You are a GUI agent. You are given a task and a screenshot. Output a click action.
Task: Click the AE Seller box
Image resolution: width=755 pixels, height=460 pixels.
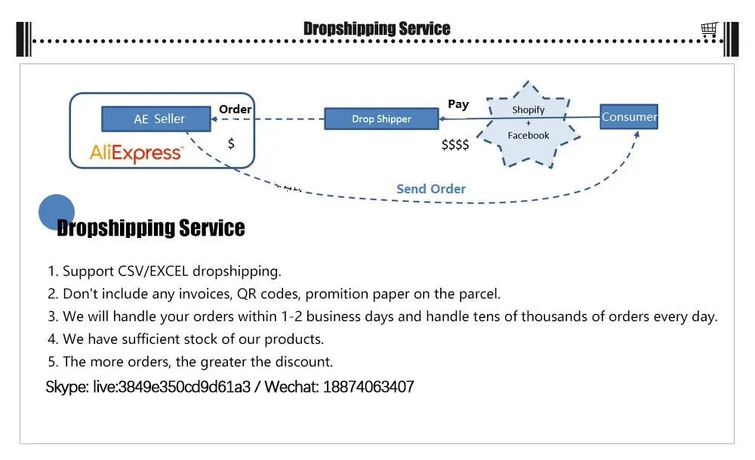tap(156, 119)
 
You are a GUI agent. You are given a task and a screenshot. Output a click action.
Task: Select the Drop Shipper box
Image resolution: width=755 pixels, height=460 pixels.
tap(381, 119)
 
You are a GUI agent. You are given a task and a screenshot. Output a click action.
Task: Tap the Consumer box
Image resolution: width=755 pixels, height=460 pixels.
tap(629, 116)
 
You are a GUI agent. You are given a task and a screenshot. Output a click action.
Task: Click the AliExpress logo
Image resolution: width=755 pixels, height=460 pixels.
tap(137, 153)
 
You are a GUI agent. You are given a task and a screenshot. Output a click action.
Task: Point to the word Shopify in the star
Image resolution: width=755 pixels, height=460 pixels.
tap(528, 110)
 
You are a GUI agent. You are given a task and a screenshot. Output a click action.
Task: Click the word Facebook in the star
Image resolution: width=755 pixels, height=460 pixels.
tap(528, 135)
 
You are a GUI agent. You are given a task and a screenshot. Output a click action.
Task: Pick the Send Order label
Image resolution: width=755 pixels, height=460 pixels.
tap(431, 189)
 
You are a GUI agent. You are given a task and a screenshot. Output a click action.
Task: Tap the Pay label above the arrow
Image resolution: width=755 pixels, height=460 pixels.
tap(458, 104)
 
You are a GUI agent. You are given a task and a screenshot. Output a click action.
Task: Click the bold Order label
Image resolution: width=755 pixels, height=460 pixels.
tap(235, 110)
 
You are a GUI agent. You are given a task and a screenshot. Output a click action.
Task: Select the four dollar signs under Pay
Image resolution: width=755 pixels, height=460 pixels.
tap(455, 144)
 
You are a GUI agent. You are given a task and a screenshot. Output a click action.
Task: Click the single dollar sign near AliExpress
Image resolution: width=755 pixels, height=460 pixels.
tap(231, 143)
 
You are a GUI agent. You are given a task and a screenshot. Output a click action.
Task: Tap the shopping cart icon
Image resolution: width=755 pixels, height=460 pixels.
tap(709, 29)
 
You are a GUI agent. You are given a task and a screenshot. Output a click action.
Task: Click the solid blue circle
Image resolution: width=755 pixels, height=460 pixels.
tap(57, 212)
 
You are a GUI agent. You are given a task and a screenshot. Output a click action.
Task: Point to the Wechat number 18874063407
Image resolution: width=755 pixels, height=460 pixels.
tap(368, 387)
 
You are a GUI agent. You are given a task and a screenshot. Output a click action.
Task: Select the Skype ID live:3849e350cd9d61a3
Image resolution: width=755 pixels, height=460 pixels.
tap(172, 387)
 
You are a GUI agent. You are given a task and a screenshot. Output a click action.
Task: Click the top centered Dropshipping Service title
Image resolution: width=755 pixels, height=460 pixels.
tap(377, 29)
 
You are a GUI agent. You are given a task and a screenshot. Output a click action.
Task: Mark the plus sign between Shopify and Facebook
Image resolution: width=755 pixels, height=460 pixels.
tap(528, 123)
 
